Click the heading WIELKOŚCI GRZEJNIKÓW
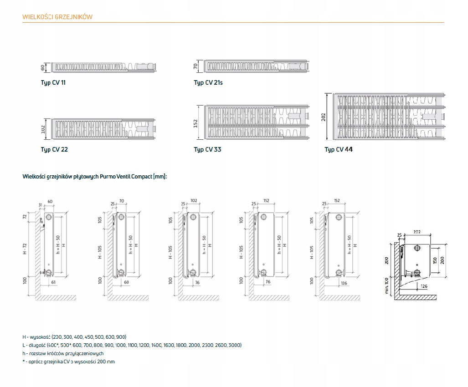point(58,17)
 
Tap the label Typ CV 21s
point(208,82)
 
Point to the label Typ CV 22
point(54,149)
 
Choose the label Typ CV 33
point(207,149)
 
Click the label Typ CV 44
point(338,149)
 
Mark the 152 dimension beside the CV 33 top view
point(195,122)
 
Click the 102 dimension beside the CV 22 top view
point(43,129)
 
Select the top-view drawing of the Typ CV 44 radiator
point(390,117)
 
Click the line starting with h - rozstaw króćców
point(63,353)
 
